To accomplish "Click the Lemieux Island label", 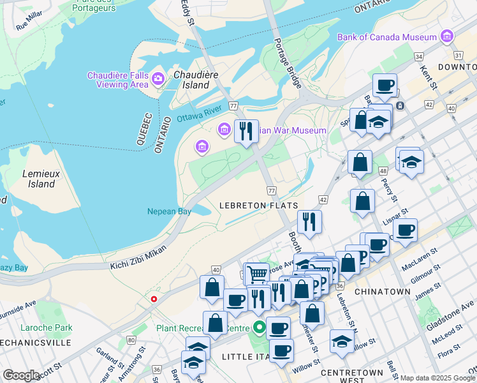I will (39, 178).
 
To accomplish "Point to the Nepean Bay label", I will (169, 211).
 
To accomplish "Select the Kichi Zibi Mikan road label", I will (138, 257).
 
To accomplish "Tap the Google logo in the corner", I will (21, 375).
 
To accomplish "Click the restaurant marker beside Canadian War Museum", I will (246, 131).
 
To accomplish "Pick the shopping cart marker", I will (256, 274).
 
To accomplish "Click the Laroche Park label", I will (54, 328).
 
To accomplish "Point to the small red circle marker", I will (154, 299).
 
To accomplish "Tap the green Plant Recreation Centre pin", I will (259, 329).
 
